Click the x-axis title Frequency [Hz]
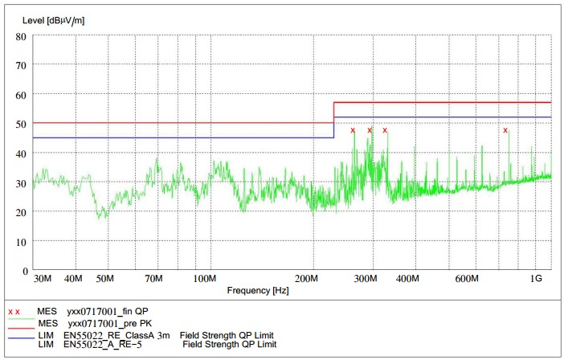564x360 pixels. click(x=258, y=290)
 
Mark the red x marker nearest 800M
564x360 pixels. click(x=505, y=130)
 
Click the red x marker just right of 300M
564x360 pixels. click(x=385, y=130)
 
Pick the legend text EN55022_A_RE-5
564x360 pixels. click(x=104, y=344)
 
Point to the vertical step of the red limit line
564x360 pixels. click(x=333, y=112)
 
